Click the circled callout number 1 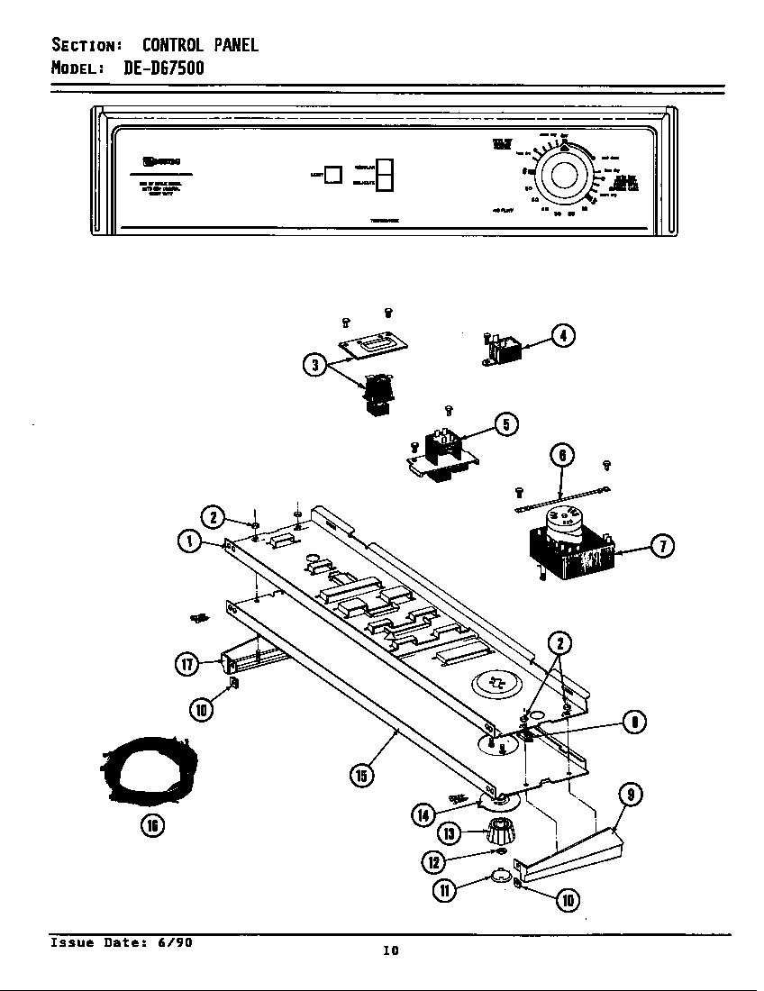[x=190, y=541]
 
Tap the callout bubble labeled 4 [x=564, y=336]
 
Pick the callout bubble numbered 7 [x=662, y=546]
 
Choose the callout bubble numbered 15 [x=362, y=774]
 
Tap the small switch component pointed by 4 [x=502, y=349]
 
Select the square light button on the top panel [x=332, y=174]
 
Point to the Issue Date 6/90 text [x=120, y=943]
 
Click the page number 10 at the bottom [x=390, y=950]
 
